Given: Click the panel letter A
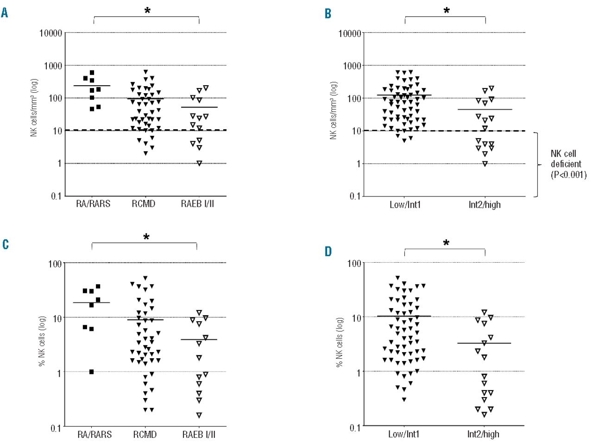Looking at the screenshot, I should [x=5, y=13].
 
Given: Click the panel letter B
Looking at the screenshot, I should [x=328, y=14].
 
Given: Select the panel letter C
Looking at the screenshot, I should [x=5, y=244].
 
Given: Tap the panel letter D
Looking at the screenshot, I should [x=328, y=252].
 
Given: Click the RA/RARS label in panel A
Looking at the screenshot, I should [x=93, y=204].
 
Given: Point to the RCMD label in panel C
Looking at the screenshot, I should [x=145, y=435].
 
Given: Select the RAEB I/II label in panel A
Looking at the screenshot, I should [x=197, y=204].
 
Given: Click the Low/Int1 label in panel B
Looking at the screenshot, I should [x=405, y=204].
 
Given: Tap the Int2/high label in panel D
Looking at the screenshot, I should [x=483, y=434].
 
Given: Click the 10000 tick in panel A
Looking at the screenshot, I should [x=50, y=33].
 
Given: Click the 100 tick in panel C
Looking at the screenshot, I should [x=55, y=264].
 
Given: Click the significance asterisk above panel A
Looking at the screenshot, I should [x=147, y=10].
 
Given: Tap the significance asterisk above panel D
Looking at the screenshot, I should [x=446, y=243].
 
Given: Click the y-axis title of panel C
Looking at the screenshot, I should [x=42, y=341].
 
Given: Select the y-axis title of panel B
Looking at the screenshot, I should [x=334, y=110].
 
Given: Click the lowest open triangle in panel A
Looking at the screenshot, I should [x=199, y=163].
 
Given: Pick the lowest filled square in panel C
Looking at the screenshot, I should [x=92, y=372].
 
